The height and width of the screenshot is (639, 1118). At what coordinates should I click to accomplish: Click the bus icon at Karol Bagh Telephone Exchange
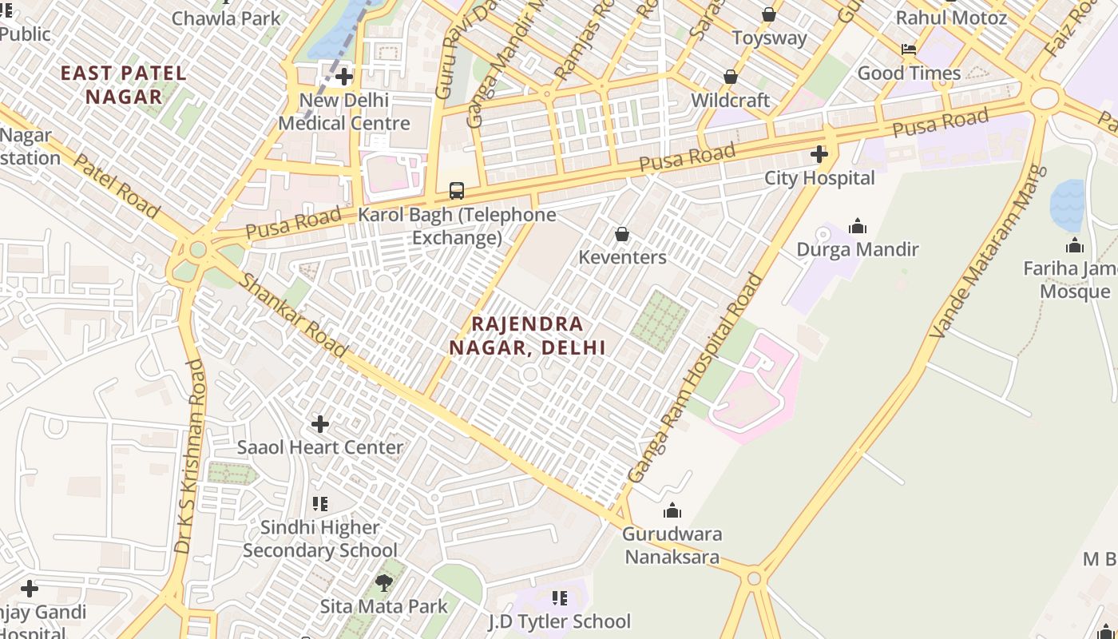coord(456,191)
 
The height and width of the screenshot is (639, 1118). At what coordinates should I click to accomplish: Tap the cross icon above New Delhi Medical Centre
coord(344,77)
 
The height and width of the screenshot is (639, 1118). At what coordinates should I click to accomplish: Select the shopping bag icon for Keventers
coord(622,234)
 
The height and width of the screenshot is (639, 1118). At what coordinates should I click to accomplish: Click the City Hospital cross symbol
coord(819,154)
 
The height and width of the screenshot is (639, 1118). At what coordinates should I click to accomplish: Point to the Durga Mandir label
coord(858,249)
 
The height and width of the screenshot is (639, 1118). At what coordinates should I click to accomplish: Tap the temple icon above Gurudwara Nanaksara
coord(672,510)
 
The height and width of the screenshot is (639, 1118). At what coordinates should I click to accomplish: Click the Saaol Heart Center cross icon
coord(320,423)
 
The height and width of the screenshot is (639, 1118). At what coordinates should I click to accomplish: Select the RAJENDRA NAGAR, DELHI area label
coord(527,335)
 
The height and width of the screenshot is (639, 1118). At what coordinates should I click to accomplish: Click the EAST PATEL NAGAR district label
coord(124,85)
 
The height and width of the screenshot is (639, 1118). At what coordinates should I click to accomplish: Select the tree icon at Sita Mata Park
coord(384,582)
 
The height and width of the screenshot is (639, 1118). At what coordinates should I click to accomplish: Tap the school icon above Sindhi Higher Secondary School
coord(320,504)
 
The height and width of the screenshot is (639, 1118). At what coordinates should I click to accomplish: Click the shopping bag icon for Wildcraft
coord(730,77)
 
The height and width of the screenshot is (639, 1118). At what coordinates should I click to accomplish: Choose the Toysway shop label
coord(769,38)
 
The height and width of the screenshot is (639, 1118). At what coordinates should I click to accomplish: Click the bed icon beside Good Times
coord(909,50)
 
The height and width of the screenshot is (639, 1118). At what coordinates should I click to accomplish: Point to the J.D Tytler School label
coord(559,621)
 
